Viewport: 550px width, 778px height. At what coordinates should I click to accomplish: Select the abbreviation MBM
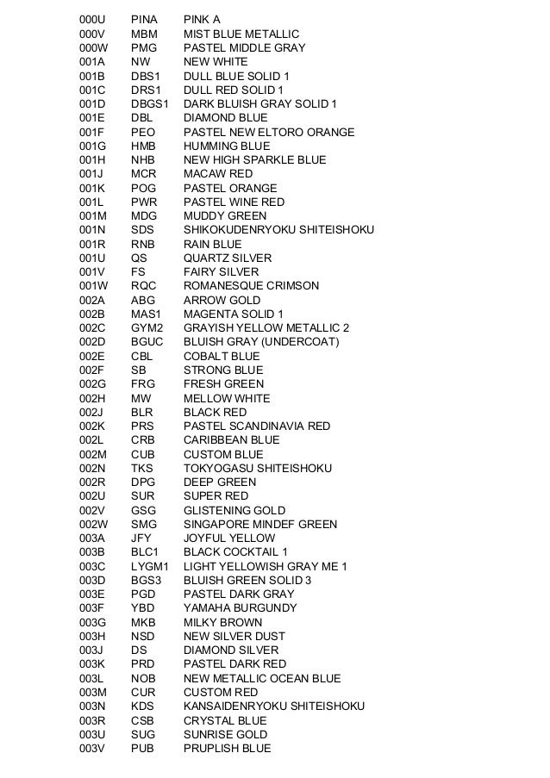coord(143,34)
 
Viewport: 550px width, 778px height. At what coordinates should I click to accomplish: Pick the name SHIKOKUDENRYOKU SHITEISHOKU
coord(278,230)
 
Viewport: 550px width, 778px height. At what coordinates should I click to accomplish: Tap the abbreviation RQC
coord(144,285)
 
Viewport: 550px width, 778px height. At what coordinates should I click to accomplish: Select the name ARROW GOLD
coord(222,300)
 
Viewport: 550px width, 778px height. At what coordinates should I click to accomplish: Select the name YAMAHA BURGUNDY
coord(240,607)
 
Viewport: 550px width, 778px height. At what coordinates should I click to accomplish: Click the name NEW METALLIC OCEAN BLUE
coord(262,678)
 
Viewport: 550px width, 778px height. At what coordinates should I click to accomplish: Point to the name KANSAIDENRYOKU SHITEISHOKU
coord(274,706)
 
